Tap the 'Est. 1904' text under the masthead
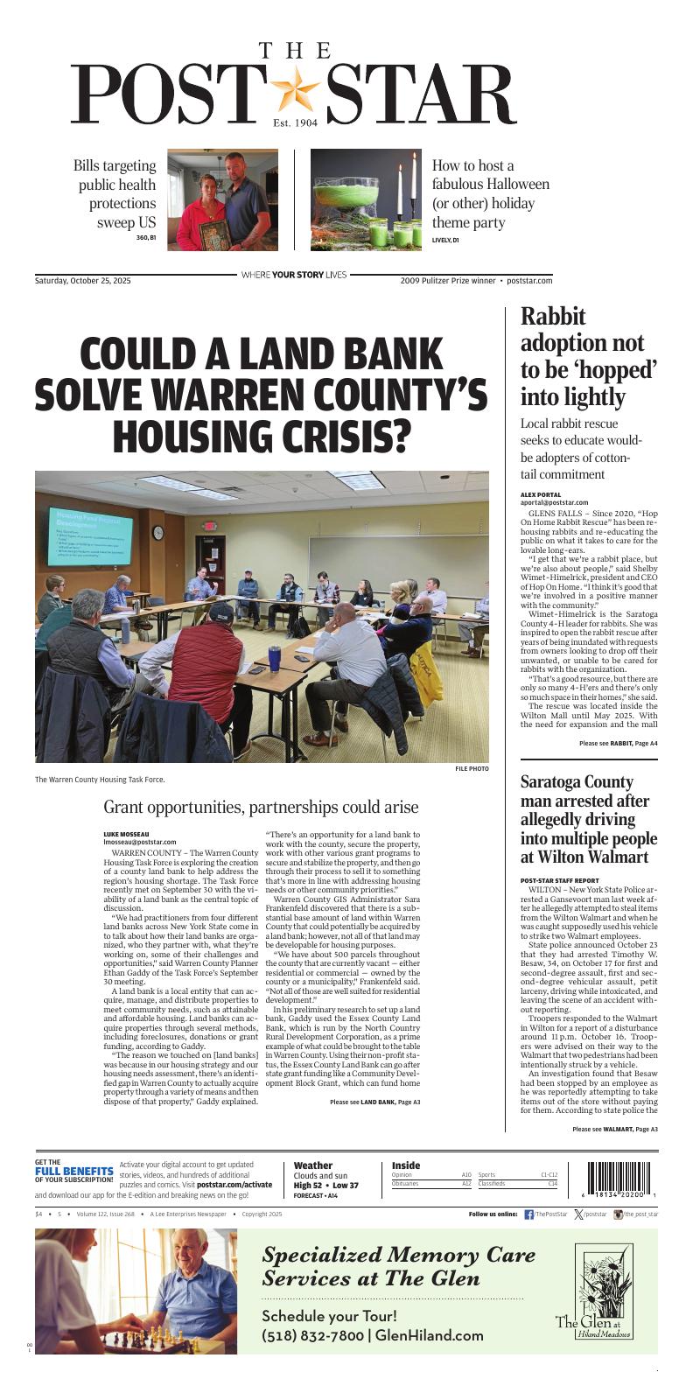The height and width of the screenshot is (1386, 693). (x=294, y=123)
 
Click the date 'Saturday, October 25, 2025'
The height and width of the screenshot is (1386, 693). (x=83, y=281)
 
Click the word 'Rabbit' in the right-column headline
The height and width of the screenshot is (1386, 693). (x=553, y=317)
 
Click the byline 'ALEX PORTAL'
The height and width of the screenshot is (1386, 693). (x=542, y=494)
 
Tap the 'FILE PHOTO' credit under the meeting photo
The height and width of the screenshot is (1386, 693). (x=471, y=768)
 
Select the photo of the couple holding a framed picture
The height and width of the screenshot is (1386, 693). (x=222, y=200)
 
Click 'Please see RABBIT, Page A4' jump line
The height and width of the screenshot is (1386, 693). (x=618, y=743)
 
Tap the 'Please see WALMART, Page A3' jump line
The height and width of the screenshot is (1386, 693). (x=614, y=1130)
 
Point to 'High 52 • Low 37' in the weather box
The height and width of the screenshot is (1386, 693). (x=325, y=1186)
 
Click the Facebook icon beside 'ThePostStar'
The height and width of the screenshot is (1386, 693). (x=528, y=1214)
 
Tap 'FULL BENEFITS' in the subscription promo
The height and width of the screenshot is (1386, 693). (x=73, y=1171)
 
